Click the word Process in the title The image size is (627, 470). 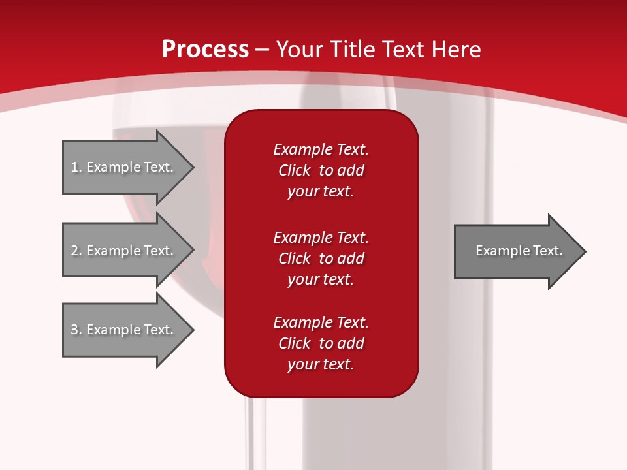point(205,50)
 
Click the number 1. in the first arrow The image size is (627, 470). point(76,167)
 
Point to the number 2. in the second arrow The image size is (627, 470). point(76,251)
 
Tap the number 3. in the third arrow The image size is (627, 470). point(76,330)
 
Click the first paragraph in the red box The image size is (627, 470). point(321,170)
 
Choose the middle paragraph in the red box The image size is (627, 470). point(321,258)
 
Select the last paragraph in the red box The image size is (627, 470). point(321,343)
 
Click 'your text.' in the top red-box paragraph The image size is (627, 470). point(321,191)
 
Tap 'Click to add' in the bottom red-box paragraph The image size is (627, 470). point(321,343)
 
